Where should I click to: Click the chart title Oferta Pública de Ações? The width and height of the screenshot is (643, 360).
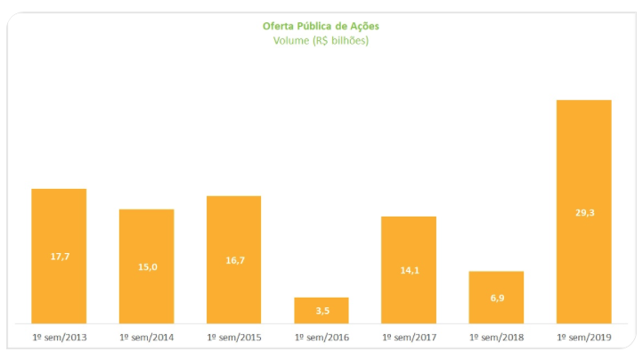tap(321, 26)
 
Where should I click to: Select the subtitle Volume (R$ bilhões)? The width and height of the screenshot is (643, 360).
tap(321, 40)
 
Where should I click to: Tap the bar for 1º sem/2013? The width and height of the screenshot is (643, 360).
tap(59, 223)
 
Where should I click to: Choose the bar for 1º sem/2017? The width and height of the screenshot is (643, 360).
tap(409, 241)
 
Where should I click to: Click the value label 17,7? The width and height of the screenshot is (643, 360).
tap(59, 257)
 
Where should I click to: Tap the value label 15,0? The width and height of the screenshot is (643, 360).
tap(146, 266)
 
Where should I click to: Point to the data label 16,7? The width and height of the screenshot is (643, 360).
tap(233, 260)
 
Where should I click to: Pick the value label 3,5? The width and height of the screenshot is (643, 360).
tap(321, 310)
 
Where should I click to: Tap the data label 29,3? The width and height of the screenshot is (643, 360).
tap(583, 212)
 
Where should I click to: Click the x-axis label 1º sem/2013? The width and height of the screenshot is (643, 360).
tap(59, 338)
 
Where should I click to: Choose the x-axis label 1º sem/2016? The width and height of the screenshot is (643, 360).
tap(321, 338)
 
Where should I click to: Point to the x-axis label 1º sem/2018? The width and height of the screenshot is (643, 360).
tap(496, 338)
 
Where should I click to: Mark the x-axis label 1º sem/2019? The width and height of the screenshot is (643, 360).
tap(583, 338)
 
